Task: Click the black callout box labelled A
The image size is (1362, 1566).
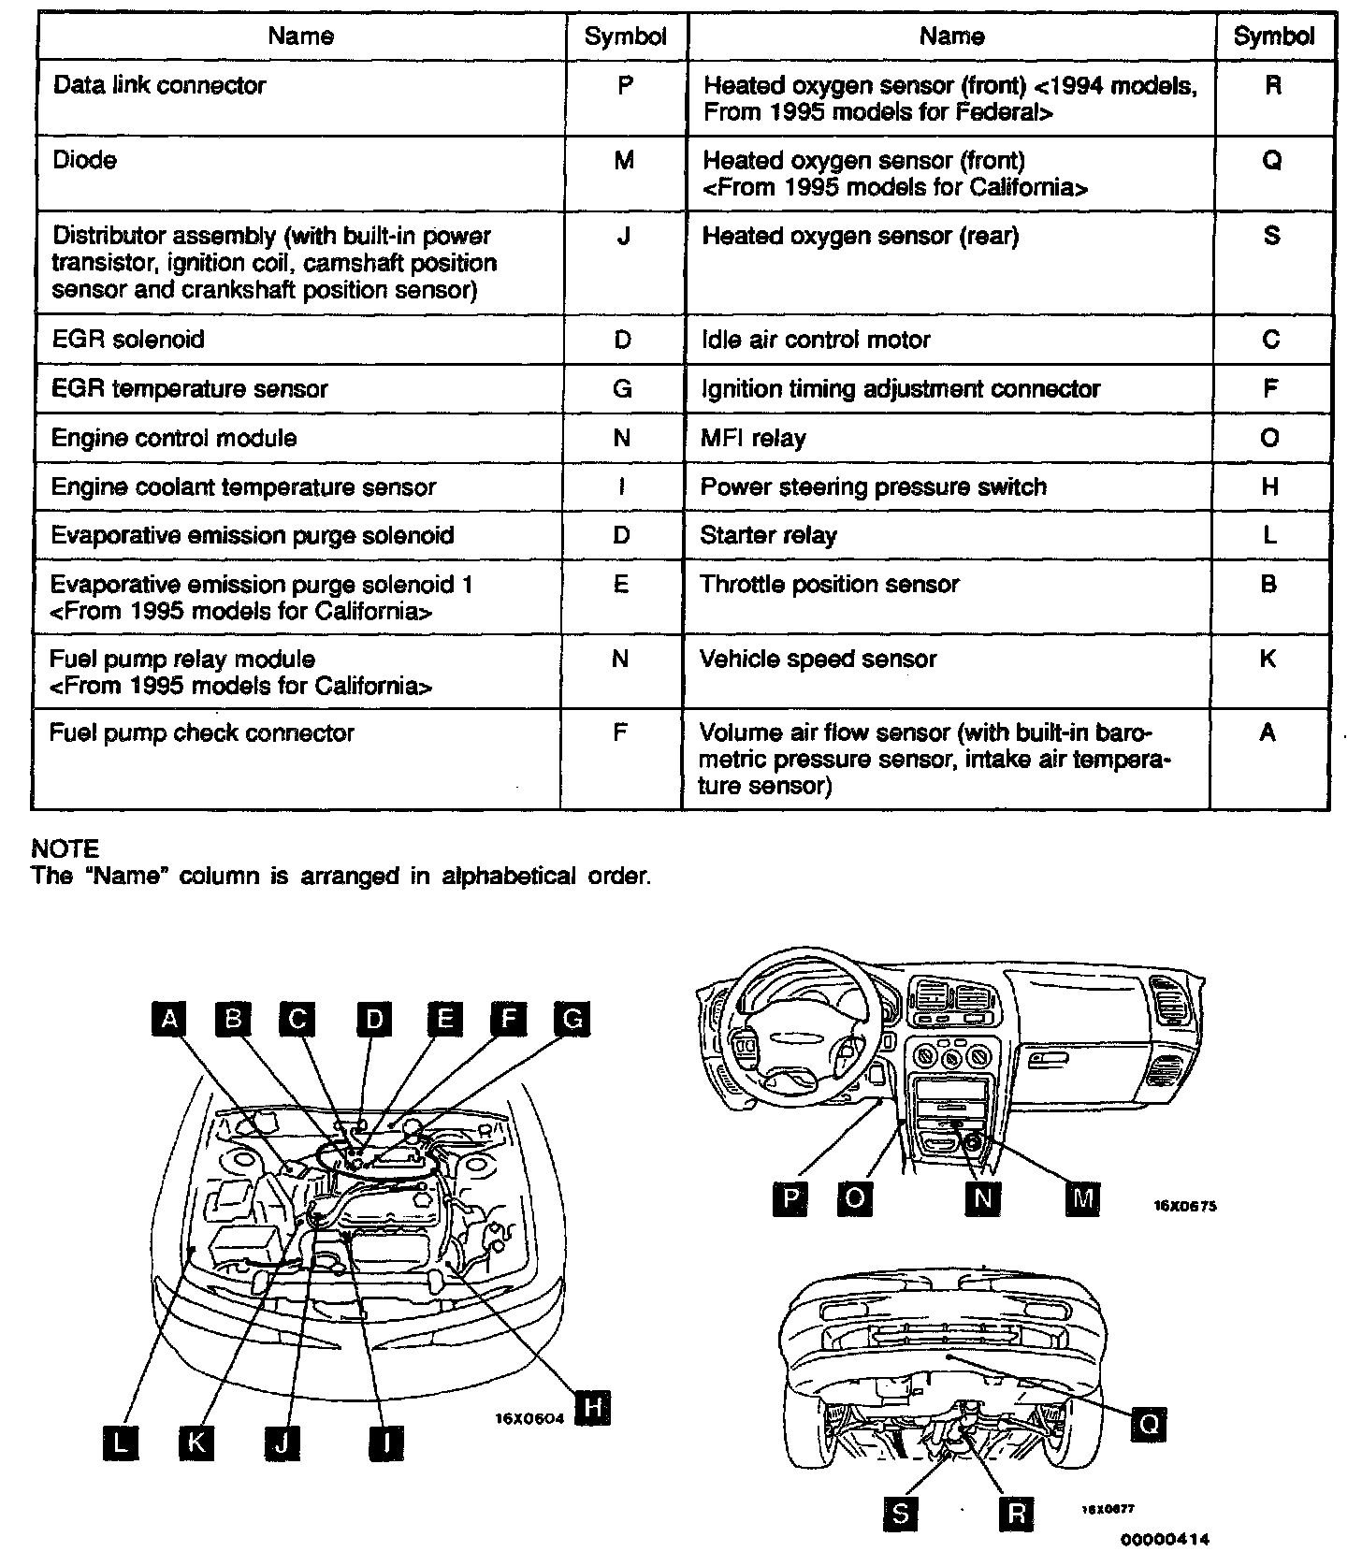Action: click(x=168, y=1018)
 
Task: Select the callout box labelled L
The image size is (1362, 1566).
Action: click(x=119, y=1443)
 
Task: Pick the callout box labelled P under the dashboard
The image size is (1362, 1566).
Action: click(x=791, y=1198)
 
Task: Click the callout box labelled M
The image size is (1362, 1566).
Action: click(x=1082, y=1198)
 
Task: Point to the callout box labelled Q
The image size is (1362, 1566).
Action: click(x=1149, y=1424)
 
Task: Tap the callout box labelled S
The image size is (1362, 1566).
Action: click(x=900, y=1515)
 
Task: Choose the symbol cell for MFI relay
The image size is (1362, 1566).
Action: click(x=1269, y=438)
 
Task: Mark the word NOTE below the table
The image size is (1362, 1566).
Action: click(x=65, y=848)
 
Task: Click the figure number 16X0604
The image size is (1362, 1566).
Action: click(x=529, y=1418)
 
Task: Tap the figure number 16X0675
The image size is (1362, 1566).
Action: click(x=1185, y=1206)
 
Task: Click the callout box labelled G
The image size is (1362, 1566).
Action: click(x=572, y=1018)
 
